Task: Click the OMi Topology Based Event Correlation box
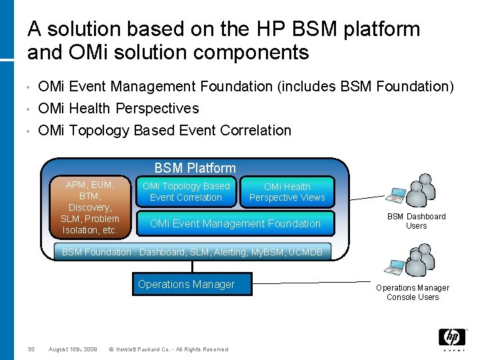(186, 192)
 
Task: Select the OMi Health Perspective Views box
(287, 192)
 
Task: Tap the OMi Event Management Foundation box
(235, 224)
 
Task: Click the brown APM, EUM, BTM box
(90, 207)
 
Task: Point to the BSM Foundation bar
(192, 252)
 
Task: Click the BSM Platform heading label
(195, 168)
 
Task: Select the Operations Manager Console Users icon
(409, 261)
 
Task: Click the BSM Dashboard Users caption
(417, 221)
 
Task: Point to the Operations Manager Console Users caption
(413, 293)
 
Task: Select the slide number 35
(31, 349)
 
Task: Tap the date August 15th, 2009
(73, 349)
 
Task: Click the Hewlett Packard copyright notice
(168, 349)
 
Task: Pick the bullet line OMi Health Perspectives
(119, 108)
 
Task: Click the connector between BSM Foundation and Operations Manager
(192, 266)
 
